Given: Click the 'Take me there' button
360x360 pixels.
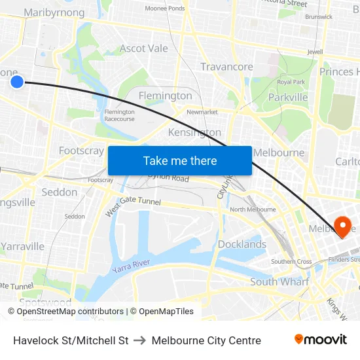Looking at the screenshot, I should pos(179,160).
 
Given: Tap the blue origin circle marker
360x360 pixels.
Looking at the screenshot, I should pos(17,81).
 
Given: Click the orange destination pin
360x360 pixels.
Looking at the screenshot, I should pos(342,226).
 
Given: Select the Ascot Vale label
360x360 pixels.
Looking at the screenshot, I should pos(143,48).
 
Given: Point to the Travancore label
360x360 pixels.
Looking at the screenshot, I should pos(226,67).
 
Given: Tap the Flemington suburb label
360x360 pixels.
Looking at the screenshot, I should pos(165,96).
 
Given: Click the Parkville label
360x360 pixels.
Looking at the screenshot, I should pos(287,97).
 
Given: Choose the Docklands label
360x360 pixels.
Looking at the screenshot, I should pos(242,244).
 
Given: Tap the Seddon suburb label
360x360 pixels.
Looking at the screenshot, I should pos(59,192).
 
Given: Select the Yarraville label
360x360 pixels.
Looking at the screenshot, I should pos(22,246).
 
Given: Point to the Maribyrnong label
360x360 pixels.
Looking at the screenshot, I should pos(54,12).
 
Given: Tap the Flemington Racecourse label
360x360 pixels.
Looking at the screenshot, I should pos(119,115).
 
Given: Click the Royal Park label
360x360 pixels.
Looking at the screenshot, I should pos(291,82).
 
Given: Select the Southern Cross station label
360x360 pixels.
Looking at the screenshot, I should pos(291,261).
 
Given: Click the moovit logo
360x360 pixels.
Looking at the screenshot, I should pos(320,340).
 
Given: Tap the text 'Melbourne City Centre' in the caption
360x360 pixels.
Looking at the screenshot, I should pos(206,340).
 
